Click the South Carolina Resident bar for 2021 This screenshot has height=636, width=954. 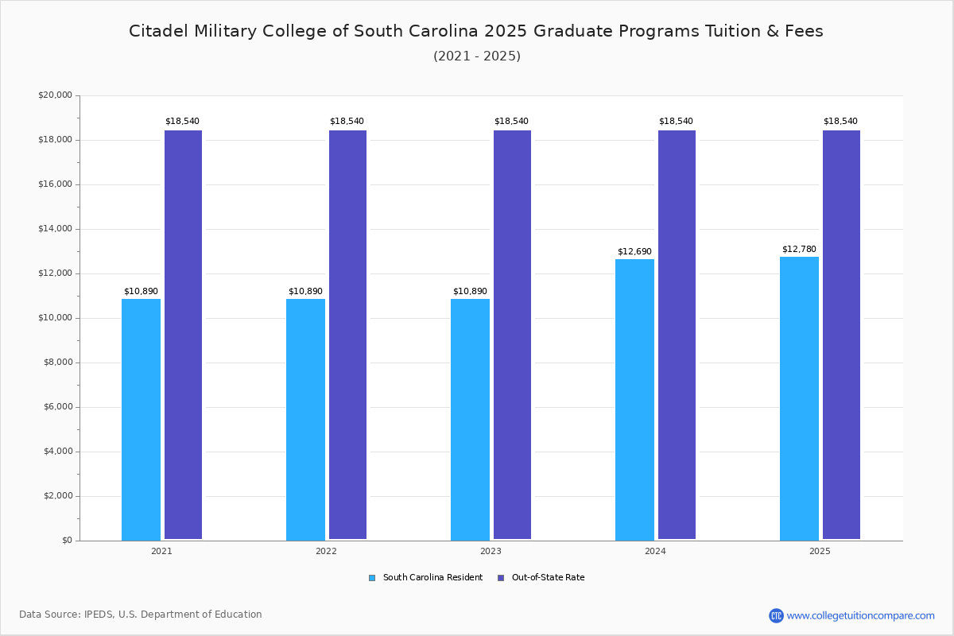(141, 419)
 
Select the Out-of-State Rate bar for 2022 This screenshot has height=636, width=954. (347, 335)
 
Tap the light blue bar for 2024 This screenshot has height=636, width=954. (634, 399)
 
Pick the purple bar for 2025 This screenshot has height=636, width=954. (841, 335)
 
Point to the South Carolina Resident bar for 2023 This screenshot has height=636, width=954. (470, 419)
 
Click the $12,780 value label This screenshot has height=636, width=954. (799, 249)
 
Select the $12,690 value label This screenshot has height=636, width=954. (634, 251)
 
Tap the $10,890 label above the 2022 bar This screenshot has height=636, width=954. (305, 291)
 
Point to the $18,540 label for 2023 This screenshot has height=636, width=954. (511, 121)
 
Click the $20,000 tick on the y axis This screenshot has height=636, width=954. (55, 95)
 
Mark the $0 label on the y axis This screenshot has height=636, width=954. (66, 541)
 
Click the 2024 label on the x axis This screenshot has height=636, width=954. (655, 551)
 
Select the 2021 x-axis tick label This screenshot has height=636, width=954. (161, 551)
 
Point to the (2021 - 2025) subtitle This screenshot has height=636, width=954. (477, 56)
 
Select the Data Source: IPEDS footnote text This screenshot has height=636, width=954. (141, 615)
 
